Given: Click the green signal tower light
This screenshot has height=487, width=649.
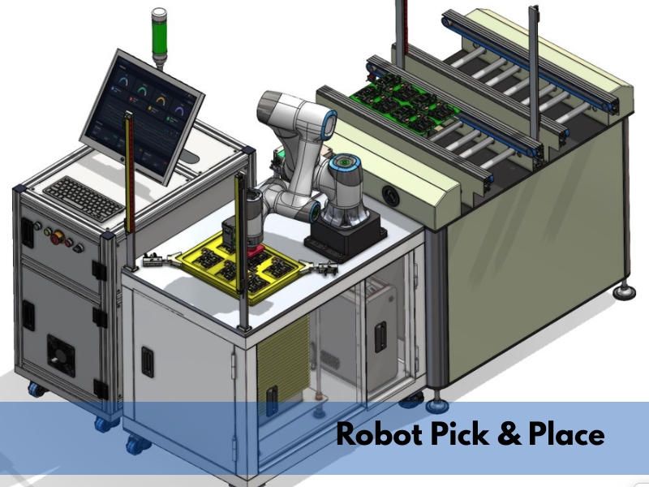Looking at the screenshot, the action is [x=158, y=37].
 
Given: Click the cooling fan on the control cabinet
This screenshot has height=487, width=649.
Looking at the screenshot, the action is [x=61, y=356].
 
